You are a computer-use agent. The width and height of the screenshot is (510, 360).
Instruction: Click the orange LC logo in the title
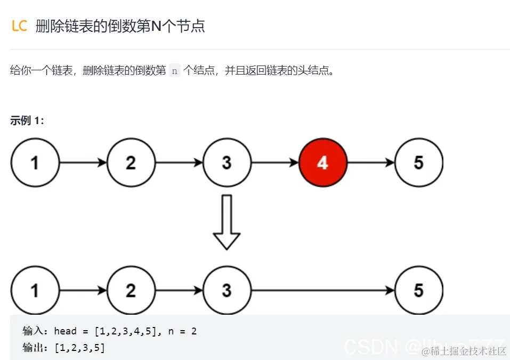tap(19, 26)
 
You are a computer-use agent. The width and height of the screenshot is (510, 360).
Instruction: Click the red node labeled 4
tap(323, 162)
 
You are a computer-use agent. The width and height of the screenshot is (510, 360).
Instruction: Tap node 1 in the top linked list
tap(35, 162)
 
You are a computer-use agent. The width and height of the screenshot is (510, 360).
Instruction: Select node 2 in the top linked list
tap(131, 162)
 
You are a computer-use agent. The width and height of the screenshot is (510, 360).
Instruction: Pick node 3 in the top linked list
tap(226, 162)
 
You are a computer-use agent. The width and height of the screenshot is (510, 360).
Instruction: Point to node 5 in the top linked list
tap(419, 162)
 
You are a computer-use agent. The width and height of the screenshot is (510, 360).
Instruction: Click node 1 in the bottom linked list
tap(35, 290)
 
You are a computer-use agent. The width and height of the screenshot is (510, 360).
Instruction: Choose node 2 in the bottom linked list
tap(131, 290)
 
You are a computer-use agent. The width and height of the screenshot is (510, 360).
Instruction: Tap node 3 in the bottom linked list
tap(226, 290)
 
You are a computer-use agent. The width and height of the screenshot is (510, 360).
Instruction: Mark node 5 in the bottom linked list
tap(419, 290)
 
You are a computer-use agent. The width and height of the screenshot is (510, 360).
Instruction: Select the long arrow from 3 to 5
tap(323, 290)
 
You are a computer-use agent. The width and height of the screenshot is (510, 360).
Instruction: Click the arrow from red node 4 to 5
tap(371, 162)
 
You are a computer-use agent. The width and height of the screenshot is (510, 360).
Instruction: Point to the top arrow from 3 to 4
tap(274, 162)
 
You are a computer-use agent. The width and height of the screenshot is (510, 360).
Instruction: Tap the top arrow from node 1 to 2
tap(83, 162)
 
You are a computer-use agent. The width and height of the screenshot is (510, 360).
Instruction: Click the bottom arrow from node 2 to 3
tap(179, 290)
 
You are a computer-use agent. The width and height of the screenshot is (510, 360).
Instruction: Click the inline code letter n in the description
tap(175, 71)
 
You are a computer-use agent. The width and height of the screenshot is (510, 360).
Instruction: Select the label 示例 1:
tap(27, 120)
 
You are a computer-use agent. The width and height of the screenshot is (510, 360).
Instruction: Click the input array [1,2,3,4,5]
tap(126, 331)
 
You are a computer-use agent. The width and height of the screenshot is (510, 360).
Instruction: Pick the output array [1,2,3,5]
tap(79, 348)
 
